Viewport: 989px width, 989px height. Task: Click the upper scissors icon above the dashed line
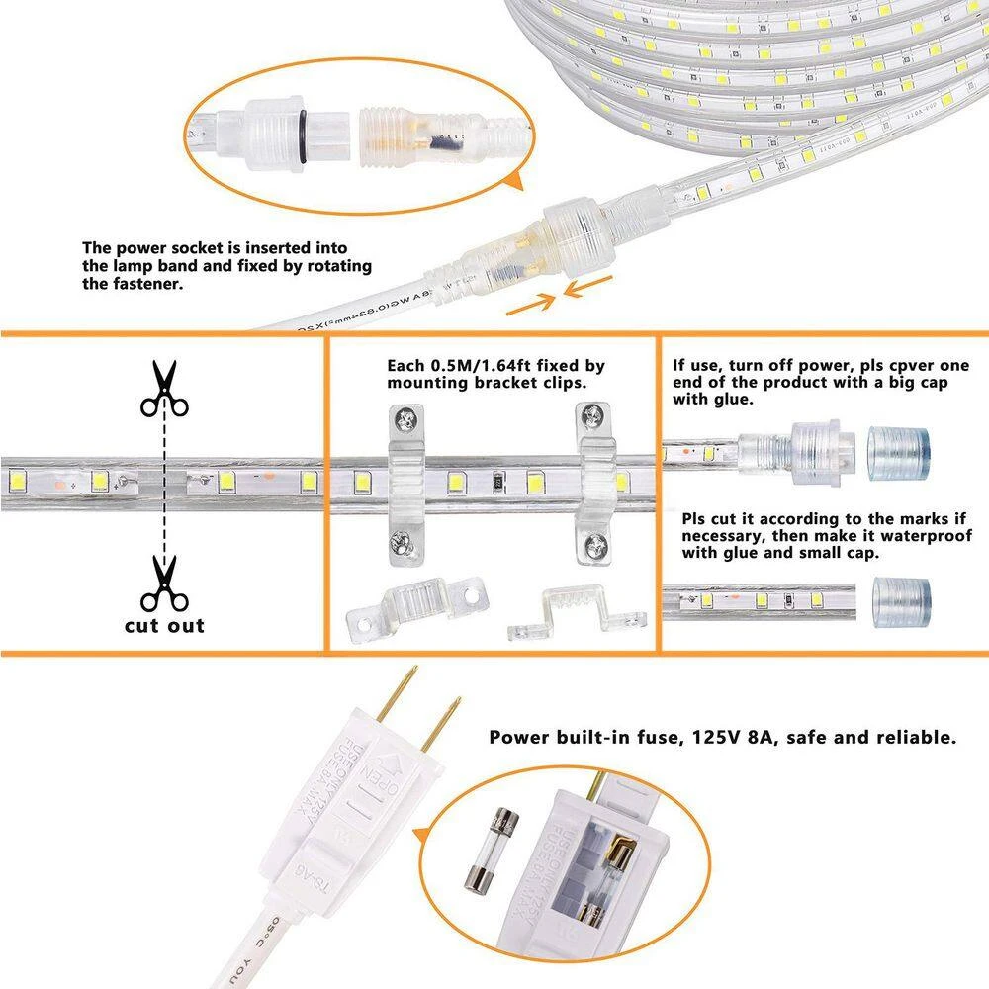[x=163, y=389]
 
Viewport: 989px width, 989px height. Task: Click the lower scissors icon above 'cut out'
[x=163, y=584]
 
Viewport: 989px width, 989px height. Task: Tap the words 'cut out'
[x=164, y=625]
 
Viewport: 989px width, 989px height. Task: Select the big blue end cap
[x=899, y=453]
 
